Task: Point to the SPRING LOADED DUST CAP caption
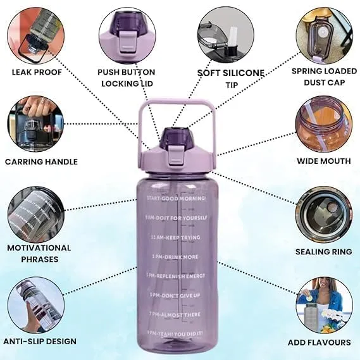coord(323,77)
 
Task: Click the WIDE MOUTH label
coord(324,161)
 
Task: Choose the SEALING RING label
coord(324,252)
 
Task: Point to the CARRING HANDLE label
coord(41,162)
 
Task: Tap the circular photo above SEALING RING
coord(323,212)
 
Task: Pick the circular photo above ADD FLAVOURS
coord(323,305)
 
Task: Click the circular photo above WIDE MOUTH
coord(323,124)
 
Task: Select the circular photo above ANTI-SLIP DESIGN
coord(35,306)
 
